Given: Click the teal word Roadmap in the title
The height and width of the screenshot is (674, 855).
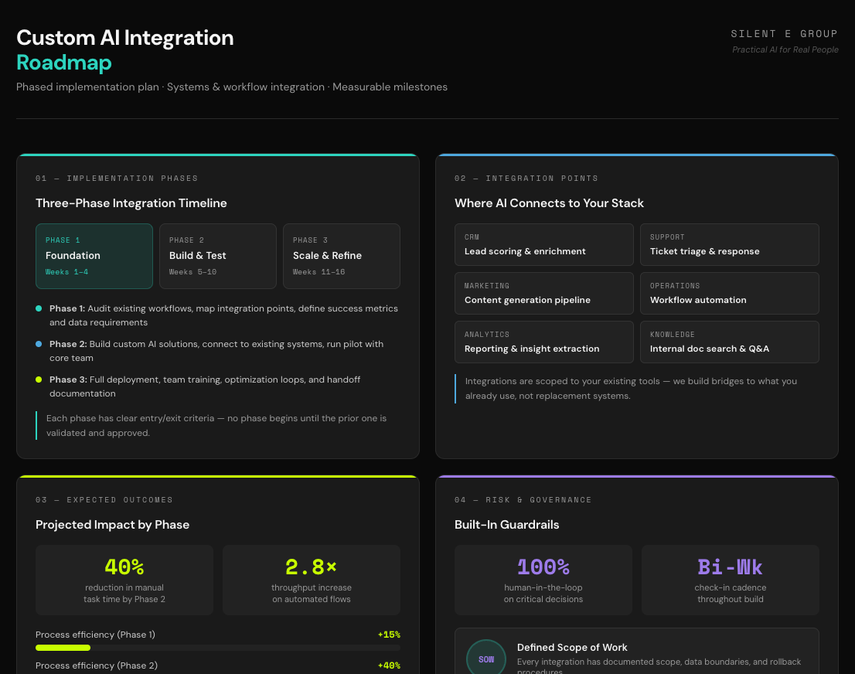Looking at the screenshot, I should coord(63,63).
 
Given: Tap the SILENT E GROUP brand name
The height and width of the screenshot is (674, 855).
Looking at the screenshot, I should coord(784,34).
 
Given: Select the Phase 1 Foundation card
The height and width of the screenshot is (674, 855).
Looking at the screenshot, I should coord(94,256).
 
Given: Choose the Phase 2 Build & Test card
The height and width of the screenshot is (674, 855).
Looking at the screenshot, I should coord(217,256).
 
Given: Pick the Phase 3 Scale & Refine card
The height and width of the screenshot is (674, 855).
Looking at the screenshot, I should coord(341,256).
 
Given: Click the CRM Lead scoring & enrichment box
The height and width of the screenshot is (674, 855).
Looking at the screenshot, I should coord(544,244).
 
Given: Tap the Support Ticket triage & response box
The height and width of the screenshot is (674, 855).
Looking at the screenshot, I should coord(729,244).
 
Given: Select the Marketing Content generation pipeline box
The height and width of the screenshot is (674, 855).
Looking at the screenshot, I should coord(544,293).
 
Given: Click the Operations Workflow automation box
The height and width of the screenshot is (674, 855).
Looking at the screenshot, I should coord(729,293).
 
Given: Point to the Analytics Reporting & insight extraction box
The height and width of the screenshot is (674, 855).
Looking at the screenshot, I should coord(544,342).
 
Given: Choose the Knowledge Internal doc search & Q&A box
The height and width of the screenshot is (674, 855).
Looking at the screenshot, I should coord(729,342).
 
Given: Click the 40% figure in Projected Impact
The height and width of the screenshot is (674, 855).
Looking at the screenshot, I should coord(124,567).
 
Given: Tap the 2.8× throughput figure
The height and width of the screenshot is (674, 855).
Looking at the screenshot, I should coord(311,567).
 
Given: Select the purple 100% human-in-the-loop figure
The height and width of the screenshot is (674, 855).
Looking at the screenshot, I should coord(543,567).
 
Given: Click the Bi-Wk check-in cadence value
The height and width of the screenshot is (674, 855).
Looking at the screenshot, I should coord(730,567).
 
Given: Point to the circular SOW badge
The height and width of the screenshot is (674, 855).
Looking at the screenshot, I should coord(485,659).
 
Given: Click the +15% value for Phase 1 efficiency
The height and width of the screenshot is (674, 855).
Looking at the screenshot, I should coord(389,635).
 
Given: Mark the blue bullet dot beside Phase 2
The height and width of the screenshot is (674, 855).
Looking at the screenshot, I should coord(39,344).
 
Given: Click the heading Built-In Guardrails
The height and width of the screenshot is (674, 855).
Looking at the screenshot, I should coord(506,525).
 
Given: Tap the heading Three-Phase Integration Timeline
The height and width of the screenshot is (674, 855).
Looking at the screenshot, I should coord(131,203).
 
